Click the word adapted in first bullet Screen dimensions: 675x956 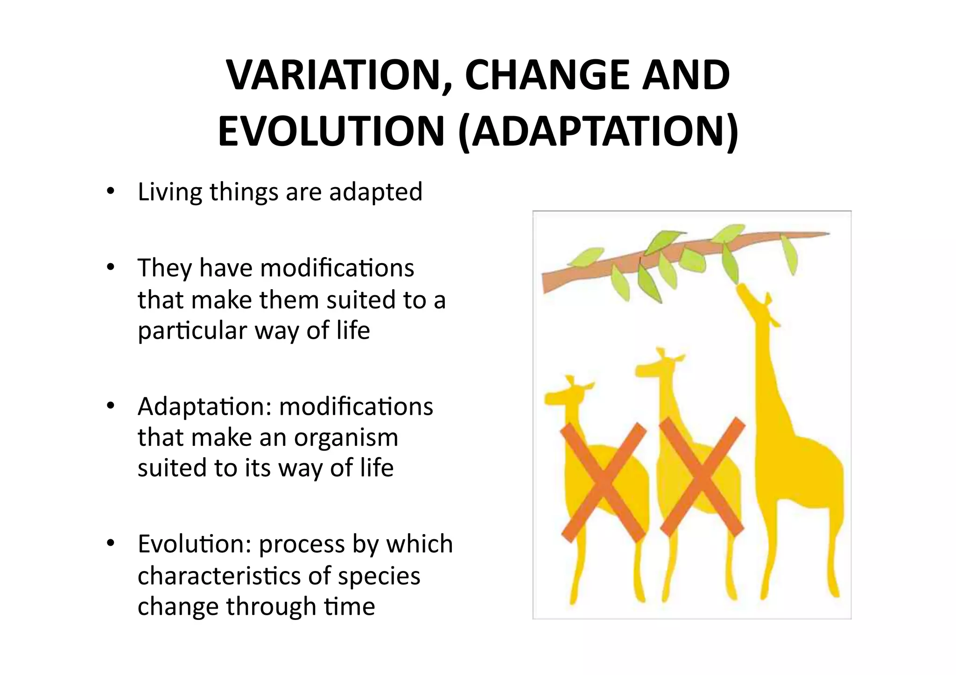coord(375,192)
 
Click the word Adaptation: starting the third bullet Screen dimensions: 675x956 coord(204,406)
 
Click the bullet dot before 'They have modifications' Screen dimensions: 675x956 coord(110,268)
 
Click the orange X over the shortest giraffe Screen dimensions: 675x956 coord(603,483)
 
